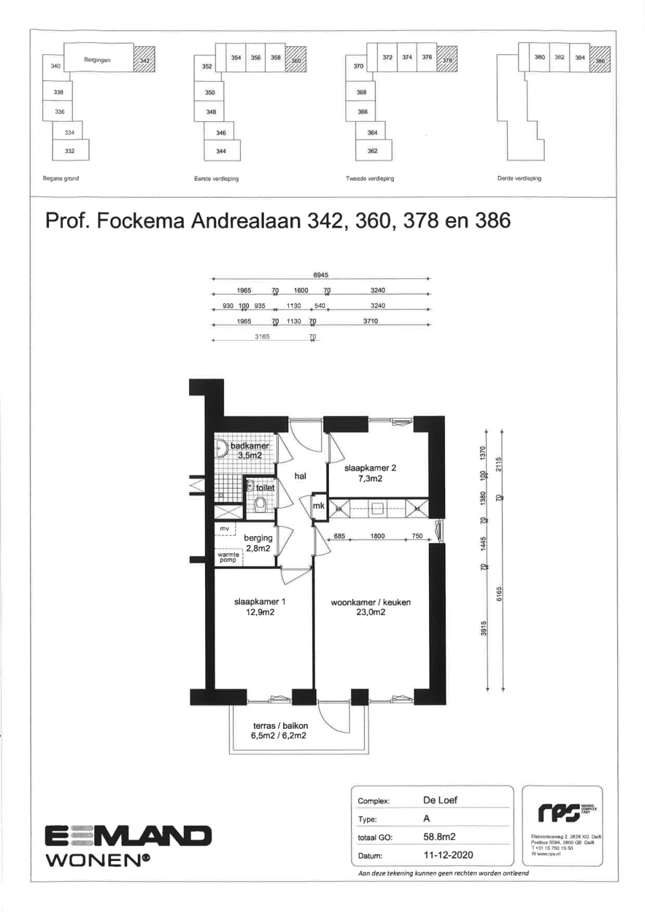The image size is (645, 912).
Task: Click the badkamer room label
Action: click(x=250, y=446)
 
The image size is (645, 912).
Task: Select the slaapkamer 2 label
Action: click(x=370, y=468)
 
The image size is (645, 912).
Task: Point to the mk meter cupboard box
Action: click(x=319, y=506)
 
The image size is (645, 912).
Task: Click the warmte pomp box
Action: click(x=228, y=557)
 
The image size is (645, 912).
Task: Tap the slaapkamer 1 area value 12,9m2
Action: click(x=260, y=612)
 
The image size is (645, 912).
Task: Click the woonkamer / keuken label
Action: click(x=370, y=602)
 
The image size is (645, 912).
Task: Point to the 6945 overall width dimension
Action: click(x=321, y=275)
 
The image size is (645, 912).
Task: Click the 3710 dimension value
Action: click(x=370, y=321)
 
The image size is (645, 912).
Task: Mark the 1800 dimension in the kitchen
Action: click(x=377, y=536)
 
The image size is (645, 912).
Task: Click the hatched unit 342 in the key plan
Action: click(x=144, y=61)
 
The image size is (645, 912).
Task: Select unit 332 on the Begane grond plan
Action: click(x=70, y=151)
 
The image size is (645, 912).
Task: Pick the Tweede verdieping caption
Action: click(x=370, y=179)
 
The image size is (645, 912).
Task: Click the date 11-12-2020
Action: click(x=448, y=855)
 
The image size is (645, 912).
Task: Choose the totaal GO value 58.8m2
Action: click(x=439, y=837)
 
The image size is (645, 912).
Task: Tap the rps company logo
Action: click(x=556, y=813)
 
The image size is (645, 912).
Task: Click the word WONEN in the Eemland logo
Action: click(x=94, y=860)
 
